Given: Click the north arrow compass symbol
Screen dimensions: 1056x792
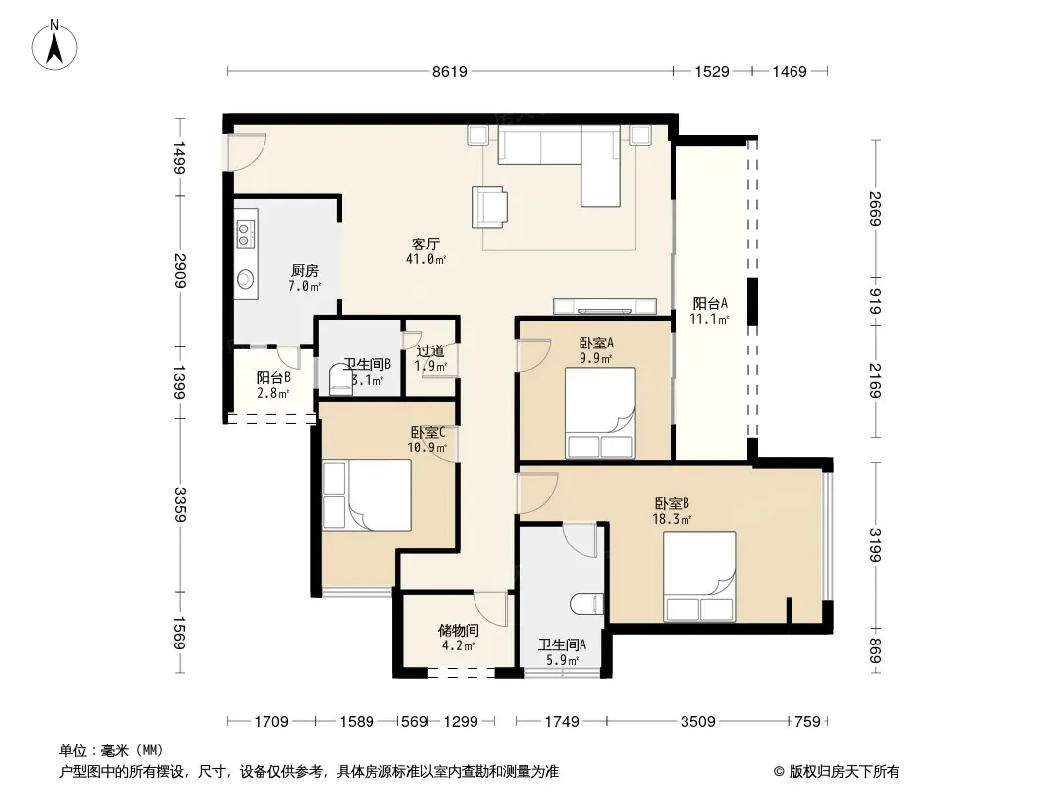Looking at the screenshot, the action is click(x=54, y=46).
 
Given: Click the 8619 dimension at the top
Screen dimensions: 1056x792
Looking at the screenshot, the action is click(x=449, y=71).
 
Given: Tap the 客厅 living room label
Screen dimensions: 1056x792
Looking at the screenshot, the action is click(x=426, y=244).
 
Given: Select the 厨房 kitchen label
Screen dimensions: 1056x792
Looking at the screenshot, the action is click(x=304, y=270).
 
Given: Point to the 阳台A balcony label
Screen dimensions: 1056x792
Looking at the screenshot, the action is click(x=710, y=304).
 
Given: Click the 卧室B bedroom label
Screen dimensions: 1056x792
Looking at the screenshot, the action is click(x=672, y=503).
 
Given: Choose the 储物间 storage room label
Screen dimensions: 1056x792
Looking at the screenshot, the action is click(x=458, y=631).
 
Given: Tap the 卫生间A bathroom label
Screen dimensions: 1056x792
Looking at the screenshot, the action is click(x=562, y=644).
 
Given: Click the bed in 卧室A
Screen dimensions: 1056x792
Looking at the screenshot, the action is click(x=600, y=413).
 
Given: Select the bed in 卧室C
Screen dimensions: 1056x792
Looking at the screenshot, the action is click(x=368, y=495).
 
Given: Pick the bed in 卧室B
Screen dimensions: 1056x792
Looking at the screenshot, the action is click(x=699, y=576).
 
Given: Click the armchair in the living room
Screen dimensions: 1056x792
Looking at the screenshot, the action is click(x=489, y=207).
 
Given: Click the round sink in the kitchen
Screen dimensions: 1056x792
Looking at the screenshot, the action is click(x=246, y=278).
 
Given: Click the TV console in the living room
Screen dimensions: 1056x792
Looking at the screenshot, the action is click(x=604, y=306).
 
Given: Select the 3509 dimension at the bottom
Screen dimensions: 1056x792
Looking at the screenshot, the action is click(x=697, y=722).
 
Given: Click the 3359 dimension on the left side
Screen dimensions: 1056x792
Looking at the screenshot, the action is click(x=180, y=505).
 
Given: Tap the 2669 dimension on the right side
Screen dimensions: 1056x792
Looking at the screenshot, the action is click(x=875, y=209).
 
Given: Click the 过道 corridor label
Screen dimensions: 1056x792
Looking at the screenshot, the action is click(x=430, y=350).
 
